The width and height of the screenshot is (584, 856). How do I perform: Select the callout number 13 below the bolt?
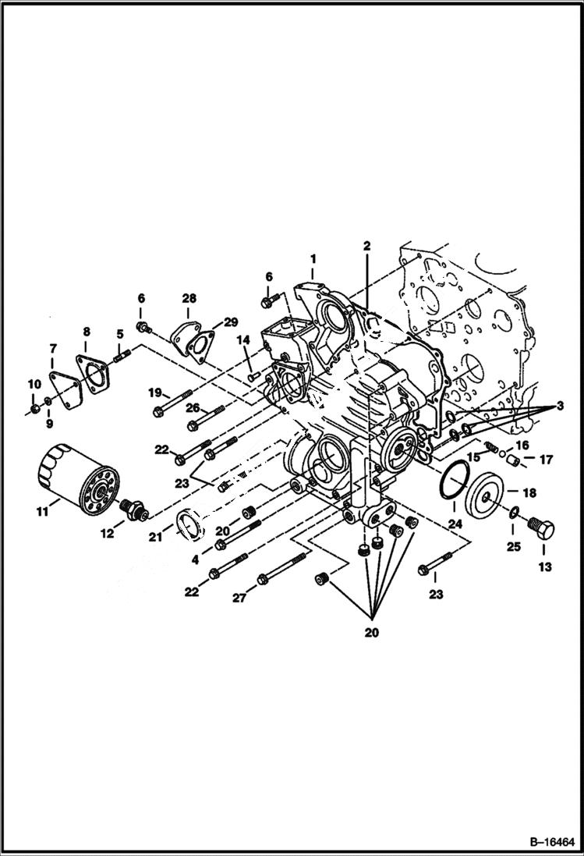point(545,567)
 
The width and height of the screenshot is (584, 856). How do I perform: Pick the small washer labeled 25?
point(515,512)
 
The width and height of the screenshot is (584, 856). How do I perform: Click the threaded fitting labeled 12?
point(134,511)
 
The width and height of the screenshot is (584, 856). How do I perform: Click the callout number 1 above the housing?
point(313,258)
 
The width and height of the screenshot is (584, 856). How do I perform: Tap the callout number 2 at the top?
point(366,246)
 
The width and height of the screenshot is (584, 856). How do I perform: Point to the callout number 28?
point(189,298)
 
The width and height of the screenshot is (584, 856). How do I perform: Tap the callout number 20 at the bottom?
point(371,633)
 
